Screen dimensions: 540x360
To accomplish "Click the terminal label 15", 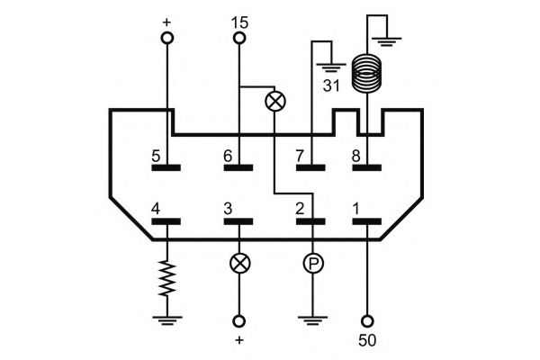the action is coord(239,22).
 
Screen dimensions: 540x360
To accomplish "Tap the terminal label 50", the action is coord(367,340).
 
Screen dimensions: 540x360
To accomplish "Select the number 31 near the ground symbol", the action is coord(331,85).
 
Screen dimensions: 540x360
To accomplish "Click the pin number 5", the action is coord(156,157).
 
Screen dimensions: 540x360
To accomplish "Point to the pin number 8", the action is coord(356,157).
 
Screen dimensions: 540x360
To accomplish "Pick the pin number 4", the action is coord(156,209).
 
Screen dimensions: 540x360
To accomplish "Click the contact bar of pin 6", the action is coord(238,167).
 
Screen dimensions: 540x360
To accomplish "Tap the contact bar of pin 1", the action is coord(367,221).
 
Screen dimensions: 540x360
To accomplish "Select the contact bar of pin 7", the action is coord(310,167).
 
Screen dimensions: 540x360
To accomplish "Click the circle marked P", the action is coord(313,264).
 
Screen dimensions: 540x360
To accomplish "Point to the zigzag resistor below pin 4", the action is coord(167,278).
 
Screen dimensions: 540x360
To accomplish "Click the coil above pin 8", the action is coord(367,73).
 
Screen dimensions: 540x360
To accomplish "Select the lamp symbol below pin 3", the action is coord(239,264).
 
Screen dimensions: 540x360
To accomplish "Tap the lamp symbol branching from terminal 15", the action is coord(275,102).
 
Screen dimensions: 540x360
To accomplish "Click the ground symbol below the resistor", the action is coord(167,320).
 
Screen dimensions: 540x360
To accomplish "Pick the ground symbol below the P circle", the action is coord(312,320).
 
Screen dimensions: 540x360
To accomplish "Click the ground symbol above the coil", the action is coord(387,41).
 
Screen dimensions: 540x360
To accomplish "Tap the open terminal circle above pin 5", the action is coord(167,38).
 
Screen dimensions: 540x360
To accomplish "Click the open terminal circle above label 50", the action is coord(367,321).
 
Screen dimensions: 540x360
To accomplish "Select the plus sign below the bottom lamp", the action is coord(239,340).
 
